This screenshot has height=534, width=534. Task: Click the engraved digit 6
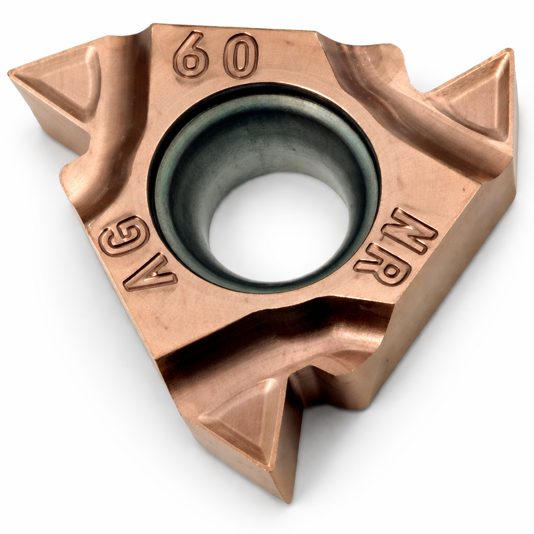[x=190, y=54]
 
